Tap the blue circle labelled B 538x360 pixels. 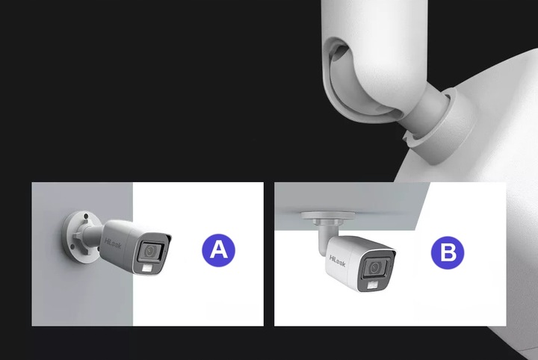point(448,252)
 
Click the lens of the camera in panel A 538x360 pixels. point(152,249)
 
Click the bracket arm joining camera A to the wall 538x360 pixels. point(93,240)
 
